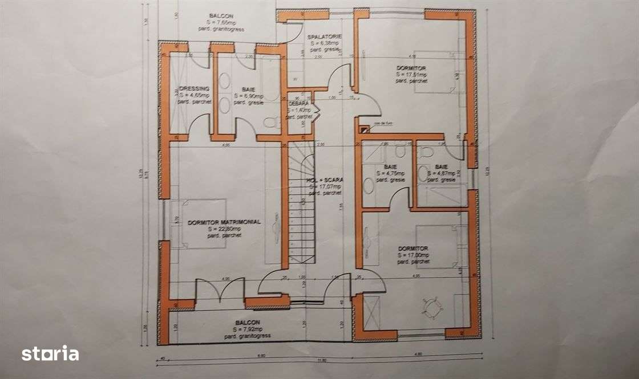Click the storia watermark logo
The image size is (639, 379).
pos(50,353)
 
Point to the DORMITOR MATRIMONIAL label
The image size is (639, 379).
pos(224,222)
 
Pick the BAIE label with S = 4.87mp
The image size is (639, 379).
pos(441,167)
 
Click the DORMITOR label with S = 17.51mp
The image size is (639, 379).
pos(411,68)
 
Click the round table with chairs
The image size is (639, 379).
pos(432,307)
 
